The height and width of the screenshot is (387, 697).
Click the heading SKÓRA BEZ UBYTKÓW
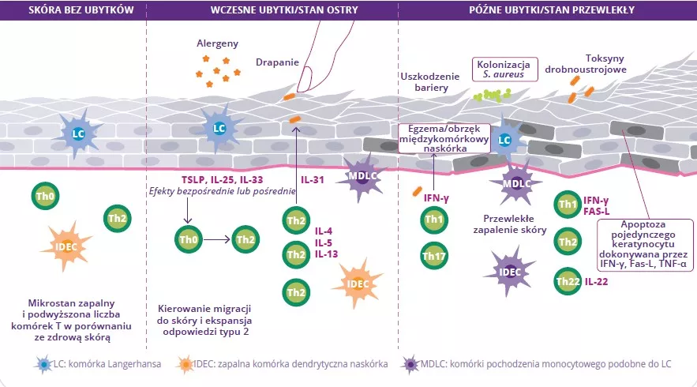(74, 9)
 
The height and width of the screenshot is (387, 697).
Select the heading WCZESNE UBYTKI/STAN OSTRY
(272, 9)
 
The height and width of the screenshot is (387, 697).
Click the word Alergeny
(217, 44)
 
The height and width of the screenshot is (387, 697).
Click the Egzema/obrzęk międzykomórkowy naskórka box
(444, 137)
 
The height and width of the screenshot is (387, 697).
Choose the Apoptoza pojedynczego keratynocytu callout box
(646, 245)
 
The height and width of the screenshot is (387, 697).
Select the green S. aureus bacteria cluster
(492, 95)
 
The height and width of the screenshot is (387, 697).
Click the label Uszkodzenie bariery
(430, 81)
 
